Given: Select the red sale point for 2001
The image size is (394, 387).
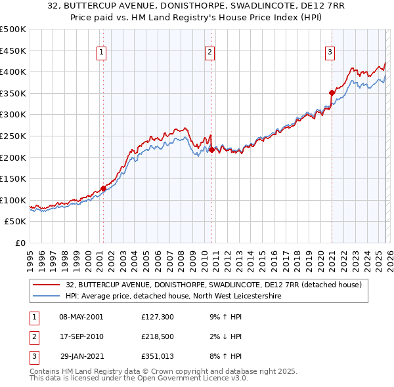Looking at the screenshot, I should [x=103, y=188].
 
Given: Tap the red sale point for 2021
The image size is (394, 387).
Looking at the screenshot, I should [x=332, y=92].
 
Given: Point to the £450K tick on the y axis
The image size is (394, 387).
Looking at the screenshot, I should [x=14, y=51].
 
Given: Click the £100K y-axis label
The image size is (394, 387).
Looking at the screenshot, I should [x=14, y=200].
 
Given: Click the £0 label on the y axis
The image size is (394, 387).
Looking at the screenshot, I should [x=21, y=243].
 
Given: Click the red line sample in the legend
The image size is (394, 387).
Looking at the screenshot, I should [x=46, y=285].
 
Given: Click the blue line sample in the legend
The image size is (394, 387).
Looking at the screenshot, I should [x=46, y=296].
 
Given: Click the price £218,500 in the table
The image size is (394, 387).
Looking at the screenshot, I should [x=157, y=336].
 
